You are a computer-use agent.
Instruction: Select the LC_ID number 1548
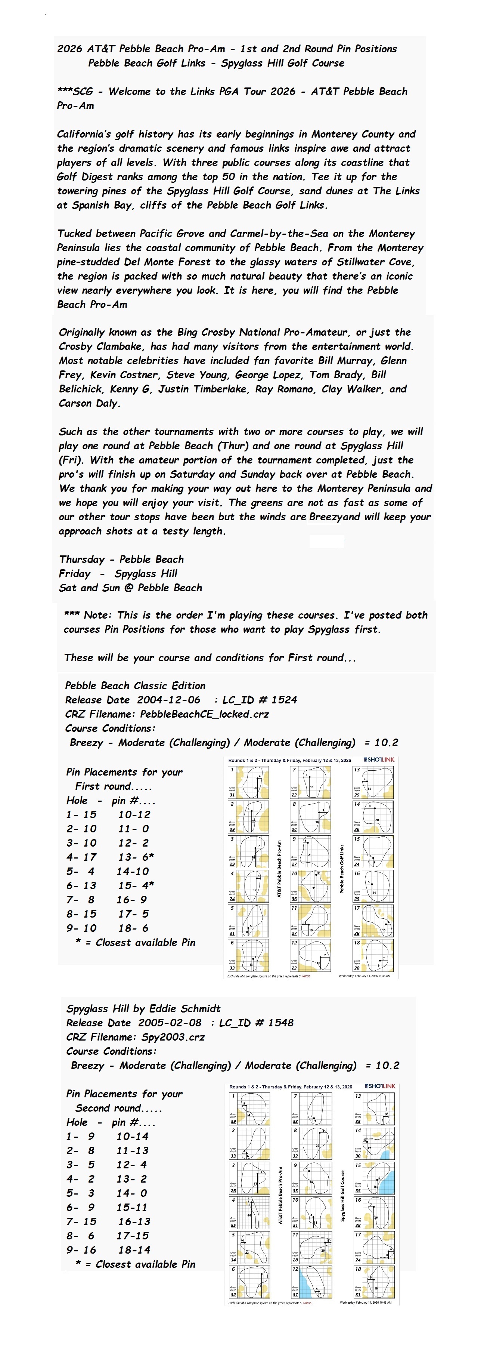pyautogui.click(x=278, y=1023)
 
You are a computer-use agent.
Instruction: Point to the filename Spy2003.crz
pyautogui.click(x=173, y=1037)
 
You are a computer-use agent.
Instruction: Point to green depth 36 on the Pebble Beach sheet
pyautogui.click(x=294, y=899)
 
